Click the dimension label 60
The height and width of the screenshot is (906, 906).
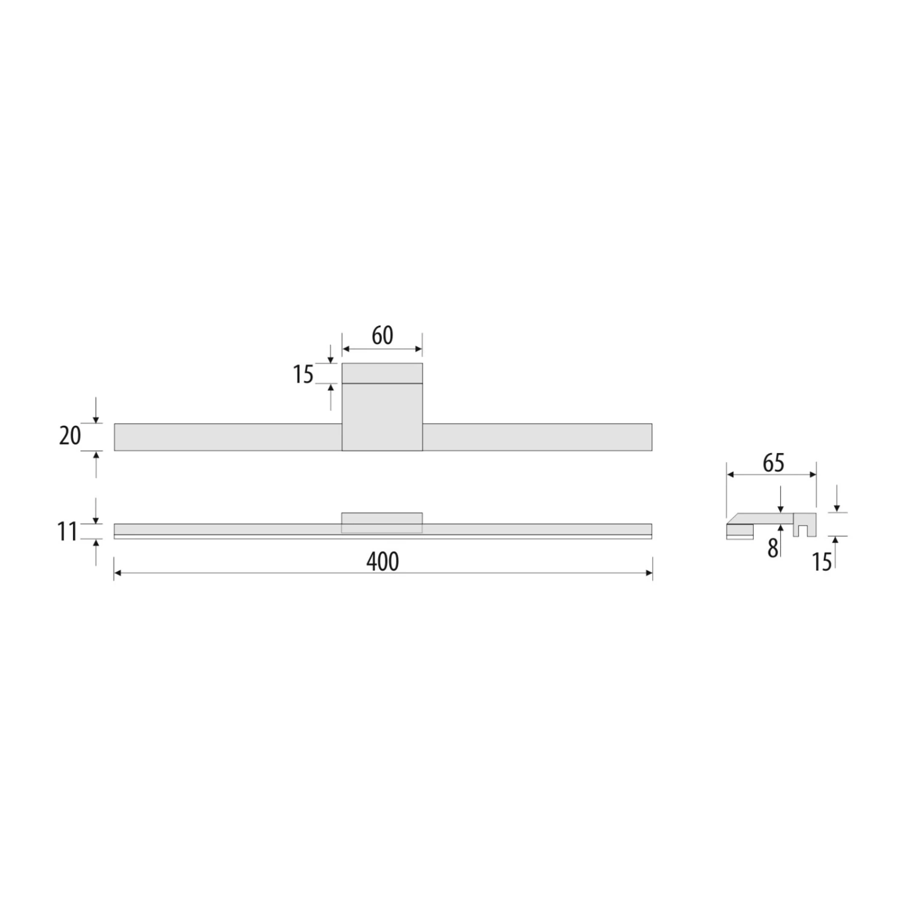click(x=382, y=336)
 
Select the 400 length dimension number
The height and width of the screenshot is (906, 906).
click(x=382, y=562)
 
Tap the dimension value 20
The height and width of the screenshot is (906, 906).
click(x=70, y=435)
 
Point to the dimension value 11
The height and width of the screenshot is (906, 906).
click(x=68, y=532)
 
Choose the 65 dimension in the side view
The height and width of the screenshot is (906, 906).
click(x=773, y=463)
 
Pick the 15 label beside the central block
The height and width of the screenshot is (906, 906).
click(x=303, y=375)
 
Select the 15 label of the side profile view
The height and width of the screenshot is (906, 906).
click(x=822, y=562)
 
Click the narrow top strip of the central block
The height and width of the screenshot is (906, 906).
click(x=382, y=373)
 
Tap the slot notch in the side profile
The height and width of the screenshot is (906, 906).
click(x=804, y=530)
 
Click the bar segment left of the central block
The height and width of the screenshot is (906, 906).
click(x=228, y=437)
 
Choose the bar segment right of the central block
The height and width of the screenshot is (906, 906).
click(x=537, y=437)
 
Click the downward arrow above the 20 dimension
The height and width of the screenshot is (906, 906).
click(x=96, y=417)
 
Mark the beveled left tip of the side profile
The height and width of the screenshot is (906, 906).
click(x=732, y=519)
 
